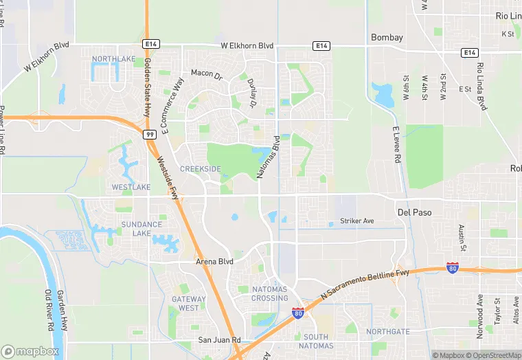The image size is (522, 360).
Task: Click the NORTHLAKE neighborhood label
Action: point(113,59)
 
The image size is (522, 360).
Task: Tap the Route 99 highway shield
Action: point(149,135)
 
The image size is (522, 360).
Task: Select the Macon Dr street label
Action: point(207,74)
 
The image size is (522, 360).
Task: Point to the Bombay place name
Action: point(387,37)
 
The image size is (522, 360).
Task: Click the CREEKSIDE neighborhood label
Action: point(201,168)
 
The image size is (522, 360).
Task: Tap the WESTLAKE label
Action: point(130,187)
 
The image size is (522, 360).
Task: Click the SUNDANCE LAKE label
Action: point(141,229)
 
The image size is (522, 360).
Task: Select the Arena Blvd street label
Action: point(216,262)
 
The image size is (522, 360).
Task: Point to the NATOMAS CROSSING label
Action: point(269,293)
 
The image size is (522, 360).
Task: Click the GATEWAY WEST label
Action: point(188,303)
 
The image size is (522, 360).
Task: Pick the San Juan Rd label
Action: point(219,340)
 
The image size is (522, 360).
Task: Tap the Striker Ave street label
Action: point(357,221)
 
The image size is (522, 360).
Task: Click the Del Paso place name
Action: point(414,212)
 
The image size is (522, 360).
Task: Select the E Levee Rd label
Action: point(396,144)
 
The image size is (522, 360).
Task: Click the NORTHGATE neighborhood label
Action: point(387,331)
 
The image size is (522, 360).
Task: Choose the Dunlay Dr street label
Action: point(250,93)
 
